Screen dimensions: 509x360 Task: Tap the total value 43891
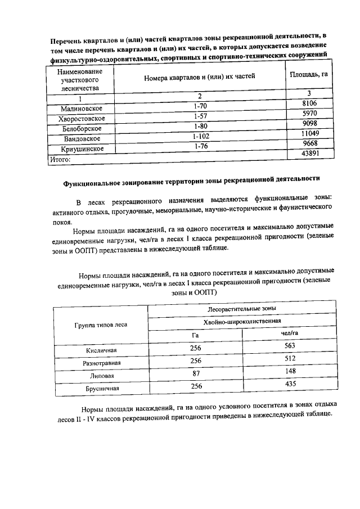point(310,154)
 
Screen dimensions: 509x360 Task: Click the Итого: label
point(58,160)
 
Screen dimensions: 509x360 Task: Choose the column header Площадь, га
point(308,74)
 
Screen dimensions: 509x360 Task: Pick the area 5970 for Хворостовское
point(310,114)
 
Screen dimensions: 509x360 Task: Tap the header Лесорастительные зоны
point(242,309)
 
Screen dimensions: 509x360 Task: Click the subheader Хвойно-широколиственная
point(242,321)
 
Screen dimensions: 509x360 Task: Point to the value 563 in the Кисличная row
point(290,346)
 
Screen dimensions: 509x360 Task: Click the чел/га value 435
point(290,384)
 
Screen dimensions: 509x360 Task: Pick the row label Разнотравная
point(101,363)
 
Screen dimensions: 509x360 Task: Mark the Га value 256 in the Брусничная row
point(196,386)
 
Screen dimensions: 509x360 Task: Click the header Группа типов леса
point(101,325)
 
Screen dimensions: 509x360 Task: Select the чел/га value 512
point(290,358)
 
